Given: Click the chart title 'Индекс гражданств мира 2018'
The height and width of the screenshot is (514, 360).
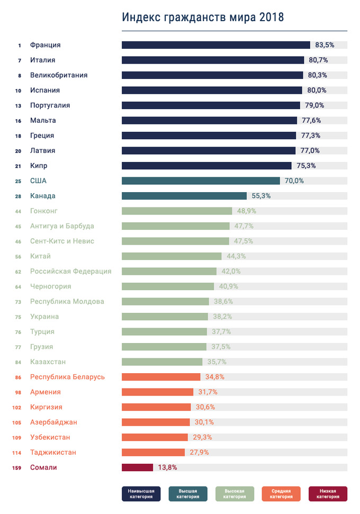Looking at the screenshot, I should click(x=203, y=17).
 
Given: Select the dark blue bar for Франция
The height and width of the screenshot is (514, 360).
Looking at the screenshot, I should click(x=215, y=45).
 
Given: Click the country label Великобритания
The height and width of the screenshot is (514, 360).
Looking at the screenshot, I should click(x=59, y=75).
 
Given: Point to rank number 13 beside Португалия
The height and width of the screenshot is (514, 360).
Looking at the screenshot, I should click(x=18, y=105).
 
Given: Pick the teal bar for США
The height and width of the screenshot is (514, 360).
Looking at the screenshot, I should click(x=201, y=181).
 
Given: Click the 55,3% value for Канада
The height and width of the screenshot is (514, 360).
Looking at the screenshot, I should click(x=261, y=196).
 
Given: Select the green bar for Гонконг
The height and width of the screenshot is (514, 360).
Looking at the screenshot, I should click(x=177, y=211).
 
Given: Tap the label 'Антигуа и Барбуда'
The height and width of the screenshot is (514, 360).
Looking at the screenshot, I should click(x=62, y=226).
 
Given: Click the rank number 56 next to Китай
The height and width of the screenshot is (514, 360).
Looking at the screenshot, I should click(x=18, y=256).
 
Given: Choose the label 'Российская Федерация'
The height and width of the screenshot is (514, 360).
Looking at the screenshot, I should click(x=70, y=272).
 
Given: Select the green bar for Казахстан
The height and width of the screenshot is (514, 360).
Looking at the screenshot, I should click(x=162, y=362).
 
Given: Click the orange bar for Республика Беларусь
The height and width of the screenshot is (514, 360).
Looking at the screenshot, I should click(x=161, y=377).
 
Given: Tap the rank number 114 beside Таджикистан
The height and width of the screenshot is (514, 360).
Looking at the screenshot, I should click(x=17, y=453).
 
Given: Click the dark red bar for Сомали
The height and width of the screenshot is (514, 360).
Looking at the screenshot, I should click(x=137, y=467).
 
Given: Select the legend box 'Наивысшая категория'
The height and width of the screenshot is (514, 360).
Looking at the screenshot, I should click(x=141, y=494).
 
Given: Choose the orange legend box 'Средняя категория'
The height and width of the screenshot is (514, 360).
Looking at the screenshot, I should click(x=281, y=494).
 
